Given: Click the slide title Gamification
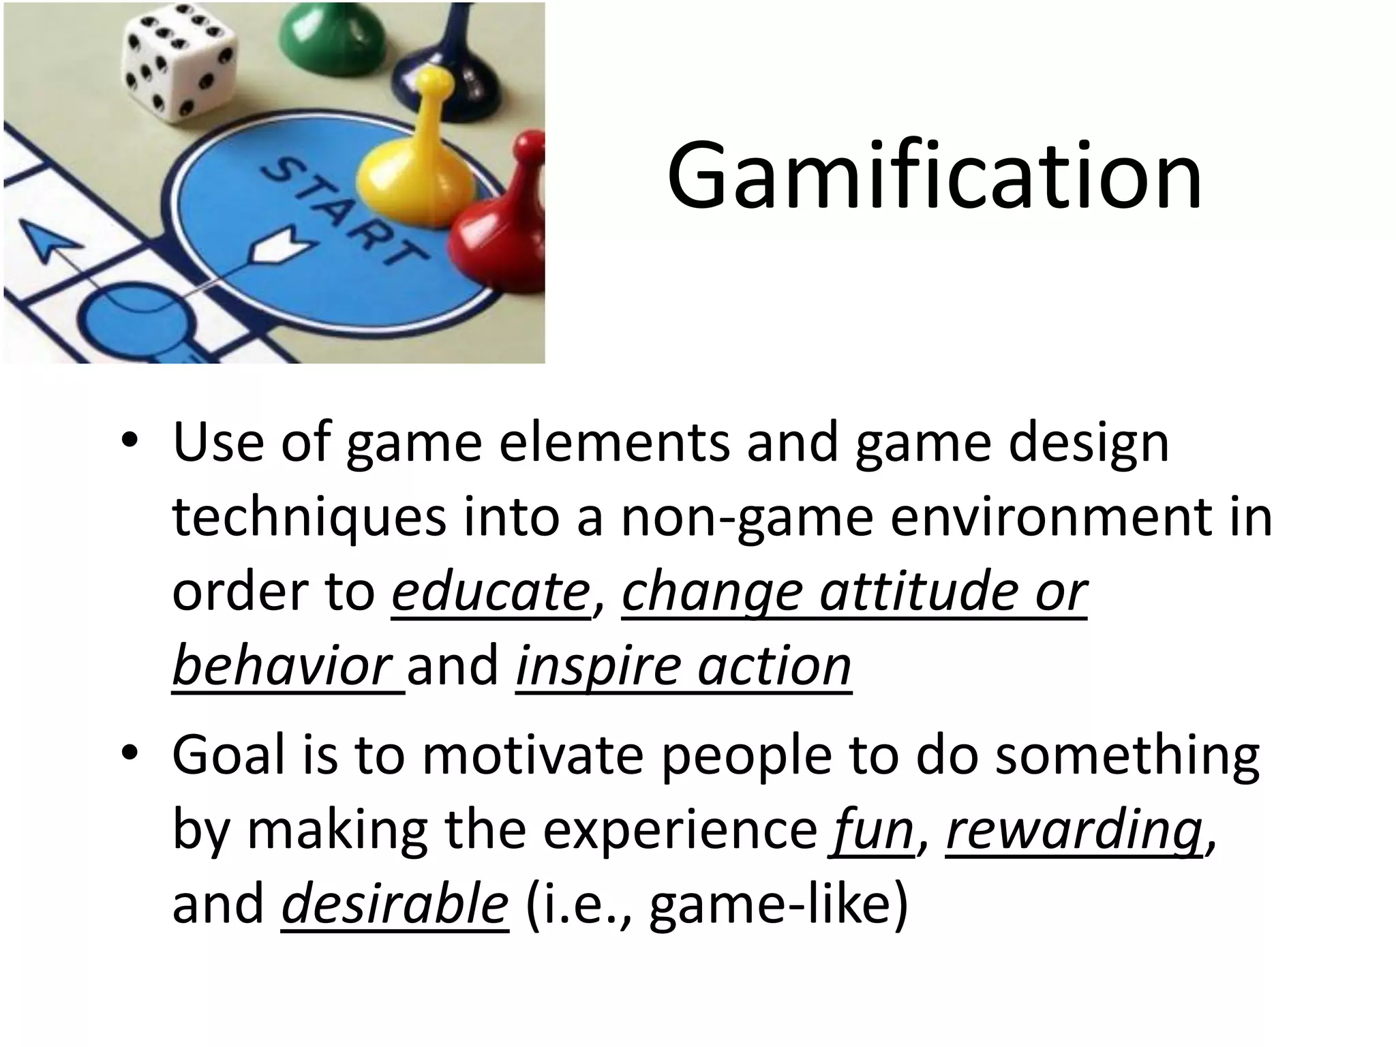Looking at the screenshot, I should click(x=935, y=176).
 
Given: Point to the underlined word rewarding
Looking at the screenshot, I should click(x=1074, y=830).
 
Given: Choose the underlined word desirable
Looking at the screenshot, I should click(x=395, y=904).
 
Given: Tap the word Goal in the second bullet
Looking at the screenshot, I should click(x=229, y=755).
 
